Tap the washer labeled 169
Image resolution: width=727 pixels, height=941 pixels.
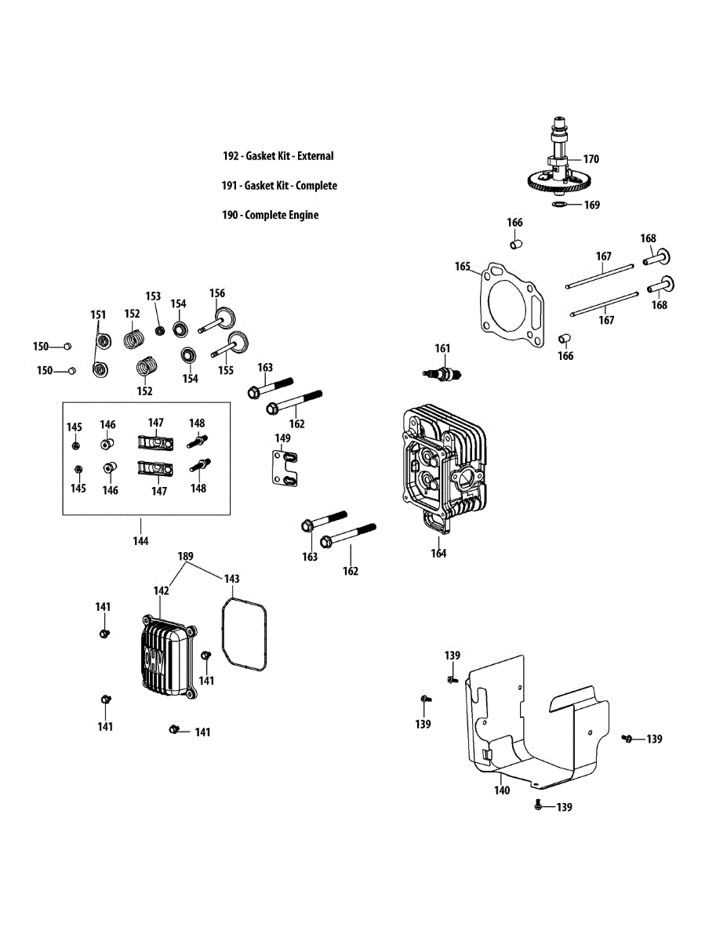558,205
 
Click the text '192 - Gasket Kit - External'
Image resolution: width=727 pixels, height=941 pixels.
278,156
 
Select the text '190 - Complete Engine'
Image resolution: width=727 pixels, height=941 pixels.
270,215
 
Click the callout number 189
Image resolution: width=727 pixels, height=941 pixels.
185,556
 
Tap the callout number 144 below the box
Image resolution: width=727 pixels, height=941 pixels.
141,540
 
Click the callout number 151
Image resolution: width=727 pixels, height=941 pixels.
97,314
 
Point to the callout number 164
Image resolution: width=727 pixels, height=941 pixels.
438,554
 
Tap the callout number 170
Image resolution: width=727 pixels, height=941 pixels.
591,159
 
